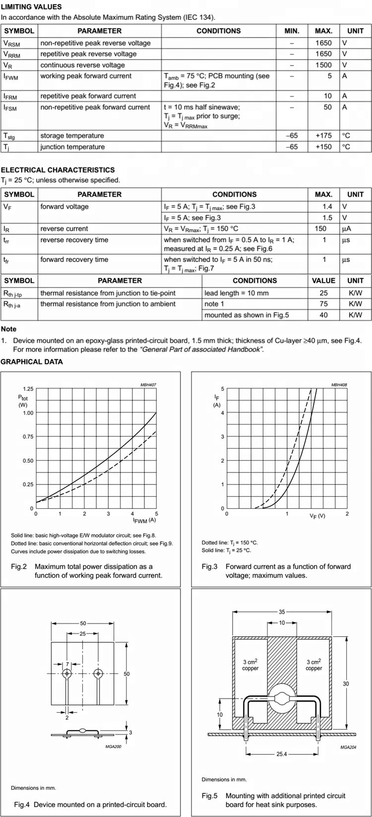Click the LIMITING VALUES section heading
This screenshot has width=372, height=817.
[x=31, y=7]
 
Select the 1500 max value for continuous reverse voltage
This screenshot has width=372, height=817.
[x=323, y=65]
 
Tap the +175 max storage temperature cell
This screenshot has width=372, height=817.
[x=323, y=136]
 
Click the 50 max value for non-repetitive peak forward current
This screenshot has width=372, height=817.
[x=327, y=107]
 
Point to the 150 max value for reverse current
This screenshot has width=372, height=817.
[x=320, y=229]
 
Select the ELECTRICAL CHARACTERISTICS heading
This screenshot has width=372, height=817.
[x=58, y=170]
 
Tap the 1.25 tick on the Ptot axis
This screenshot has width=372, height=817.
[x=28, y=389]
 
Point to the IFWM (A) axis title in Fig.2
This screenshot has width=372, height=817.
[x=144, y=520]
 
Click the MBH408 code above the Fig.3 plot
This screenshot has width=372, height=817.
[x=339, y=385]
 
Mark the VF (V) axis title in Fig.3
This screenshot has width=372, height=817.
[x=317, y=516]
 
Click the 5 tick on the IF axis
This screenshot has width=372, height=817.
[x=223, y=389]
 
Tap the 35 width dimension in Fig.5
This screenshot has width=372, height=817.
[x=282, y=612]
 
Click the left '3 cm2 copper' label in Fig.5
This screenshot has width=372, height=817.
[x=250, y=665]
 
